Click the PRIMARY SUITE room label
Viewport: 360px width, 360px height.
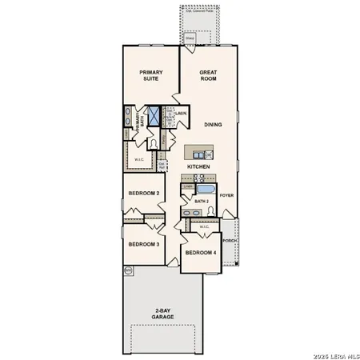pos(150,75)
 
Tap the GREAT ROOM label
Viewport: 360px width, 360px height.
pos(209,76)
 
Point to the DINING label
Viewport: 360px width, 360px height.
pos(213,125)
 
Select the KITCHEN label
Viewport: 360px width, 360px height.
pos(198,166)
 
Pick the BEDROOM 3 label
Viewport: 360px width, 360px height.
pos(144,243)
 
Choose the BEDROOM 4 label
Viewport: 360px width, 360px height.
pos(200,253)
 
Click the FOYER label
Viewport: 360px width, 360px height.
pos(227,194)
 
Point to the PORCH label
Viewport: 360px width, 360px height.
pos(230,240)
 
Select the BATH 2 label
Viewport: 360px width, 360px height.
pos(202,202)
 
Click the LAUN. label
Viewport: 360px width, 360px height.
pos(182,114)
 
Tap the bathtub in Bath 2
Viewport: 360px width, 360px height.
pos(206,190)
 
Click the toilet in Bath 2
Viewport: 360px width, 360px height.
pos(211,210)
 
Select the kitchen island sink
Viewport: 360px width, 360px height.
pos(209,154)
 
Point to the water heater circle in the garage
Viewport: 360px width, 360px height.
pos(128,271)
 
